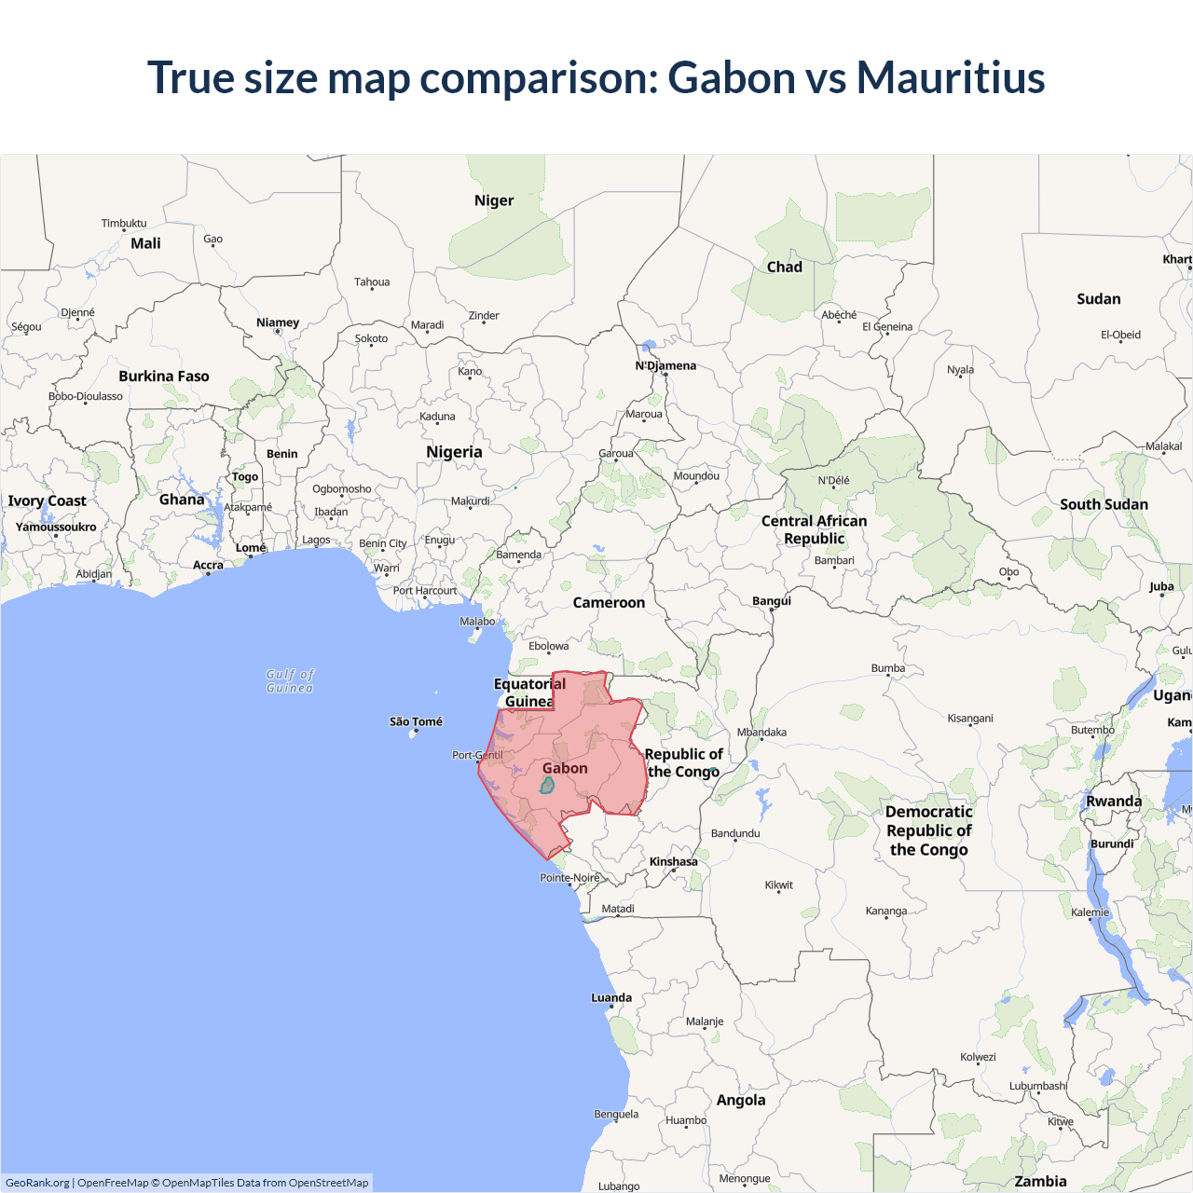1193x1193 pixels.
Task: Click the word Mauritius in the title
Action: click(951, 77)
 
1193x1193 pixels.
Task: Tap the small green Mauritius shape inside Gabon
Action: click(547, 786)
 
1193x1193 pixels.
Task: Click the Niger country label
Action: click(494, 200)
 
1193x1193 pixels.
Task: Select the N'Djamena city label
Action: click(665, 365)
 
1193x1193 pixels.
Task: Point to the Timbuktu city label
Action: click(124, 223)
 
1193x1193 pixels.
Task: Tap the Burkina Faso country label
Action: click(164, 377)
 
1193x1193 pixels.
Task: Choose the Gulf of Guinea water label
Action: click(290, 681)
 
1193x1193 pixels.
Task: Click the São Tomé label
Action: click(416, 721)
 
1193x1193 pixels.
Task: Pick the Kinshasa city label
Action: click(674, 861)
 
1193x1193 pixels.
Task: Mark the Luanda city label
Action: click(611, 997)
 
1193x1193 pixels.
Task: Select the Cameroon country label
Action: click(609, 603)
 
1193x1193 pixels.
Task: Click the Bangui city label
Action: click(772, 600)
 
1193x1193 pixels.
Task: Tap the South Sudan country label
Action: click(1104, 504)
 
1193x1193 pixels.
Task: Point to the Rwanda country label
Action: click(1114, 802)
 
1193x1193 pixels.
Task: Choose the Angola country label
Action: click(741, 1100)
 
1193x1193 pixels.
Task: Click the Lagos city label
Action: click(316, 540)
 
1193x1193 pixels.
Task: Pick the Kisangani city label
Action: click(970, 718)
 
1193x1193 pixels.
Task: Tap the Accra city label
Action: click(208, 565)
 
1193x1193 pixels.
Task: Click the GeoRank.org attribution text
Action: click(37, 1183)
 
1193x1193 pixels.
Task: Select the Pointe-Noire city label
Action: click(569, 878)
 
